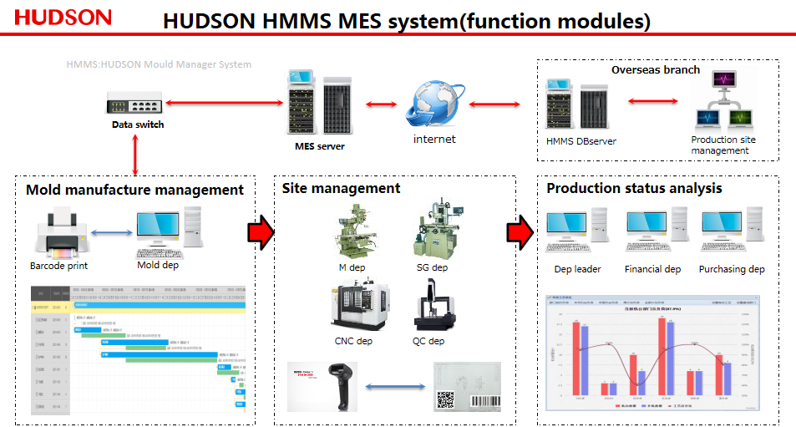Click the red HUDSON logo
tap(63, 18)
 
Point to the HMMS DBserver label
tap(581, 141)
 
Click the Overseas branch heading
tap(656, 69)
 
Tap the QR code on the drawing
tap(444, 399)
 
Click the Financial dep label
tap(652, 269)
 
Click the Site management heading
tap(341, 189)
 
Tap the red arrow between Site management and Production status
tap(520, 231)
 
